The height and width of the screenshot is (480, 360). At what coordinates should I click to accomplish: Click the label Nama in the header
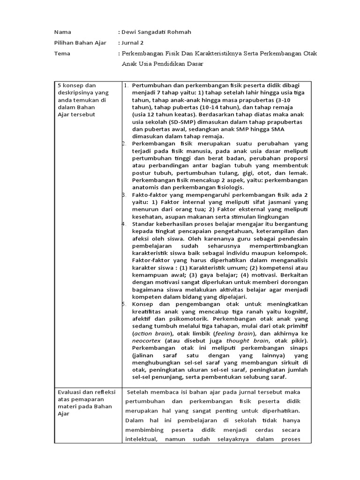(x=62, y=32)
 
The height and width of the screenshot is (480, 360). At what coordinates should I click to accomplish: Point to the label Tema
(x=62, y=53)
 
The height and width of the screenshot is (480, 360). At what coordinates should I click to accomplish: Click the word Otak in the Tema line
(x=310, y=53)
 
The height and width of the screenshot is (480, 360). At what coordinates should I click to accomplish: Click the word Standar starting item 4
(x=146, y=224)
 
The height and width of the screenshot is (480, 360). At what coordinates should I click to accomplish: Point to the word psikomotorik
(x=169, y=318)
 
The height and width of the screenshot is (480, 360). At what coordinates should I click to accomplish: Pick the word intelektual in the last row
(x=141, y=439)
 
